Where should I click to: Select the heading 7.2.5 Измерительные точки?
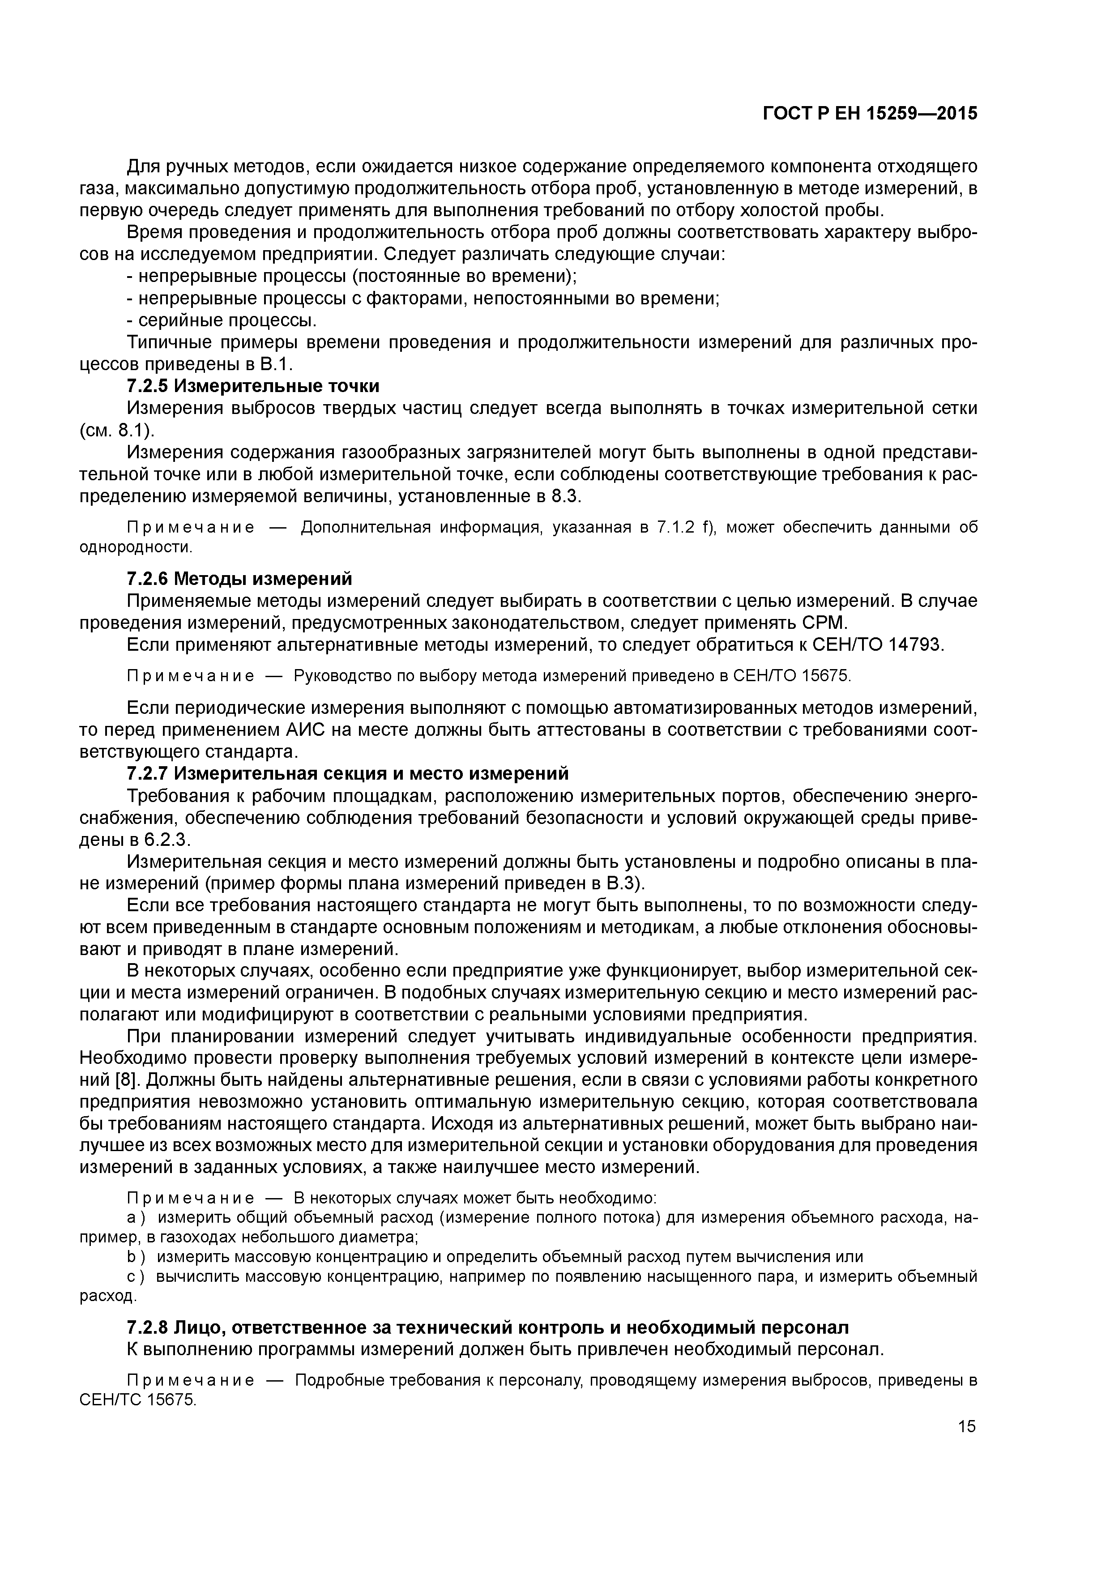coord(253,386)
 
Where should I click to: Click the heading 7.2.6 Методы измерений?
coord(239,579)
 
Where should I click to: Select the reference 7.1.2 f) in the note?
coord(685,527)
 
